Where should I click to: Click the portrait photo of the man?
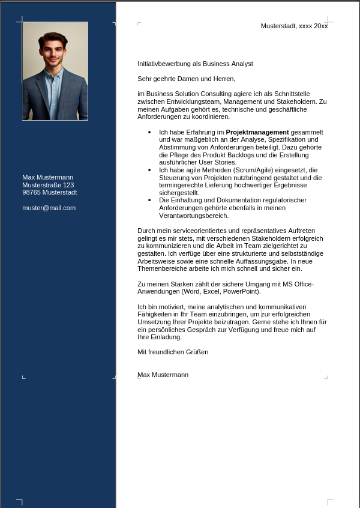point(55,71)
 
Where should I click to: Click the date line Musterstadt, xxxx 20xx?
point(294,26)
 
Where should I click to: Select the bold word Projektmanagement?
point(257,132)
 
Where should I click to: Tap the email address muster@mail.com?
point(49,208)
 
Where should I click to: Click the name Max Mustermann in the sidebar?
point(47,177)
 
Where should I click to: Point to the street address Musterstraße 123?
point(48,185)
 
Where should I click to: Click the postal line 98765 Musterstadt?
point(49,192)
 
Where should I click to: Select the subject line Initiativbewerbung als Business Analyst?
point(195,64)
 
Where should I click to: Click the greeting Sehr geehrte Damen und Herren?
point(186,79)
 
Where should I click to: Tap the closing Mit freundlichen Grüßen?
point(173,352)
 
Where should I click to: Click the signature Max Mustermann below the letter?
point(163,375)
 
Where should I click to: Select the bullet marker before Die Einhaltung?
point(149,200)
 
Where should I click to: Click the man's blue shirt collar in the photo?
point(54,74)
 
